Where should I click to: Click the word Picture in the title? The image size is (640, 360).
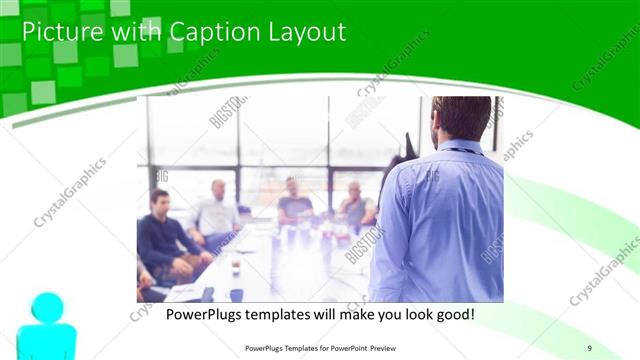[59, 32]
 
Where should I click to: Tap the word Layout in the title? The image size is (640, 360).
[306, 32]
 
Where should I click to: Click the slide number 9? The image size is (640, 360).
[590, 347]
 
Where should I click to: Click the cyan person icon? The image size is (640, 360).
[44, 326]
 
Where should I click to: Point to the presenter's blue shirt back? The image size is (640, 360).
[440, 220]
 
